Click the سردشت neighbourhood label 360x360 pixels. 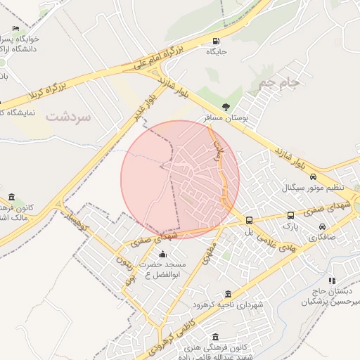click(x=69, y=116)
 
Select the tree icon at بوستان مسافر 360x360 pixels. click(x=226, y=107)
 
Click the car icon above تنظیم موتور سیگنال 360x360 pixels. click(x=313, y=177)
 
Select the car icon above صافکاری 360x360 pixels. click(x=322, y=227)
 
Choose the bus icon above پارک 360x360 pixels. click(x=290, y=216)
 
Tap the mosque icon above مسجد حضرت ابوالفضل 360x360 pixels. click(x=163, y=254)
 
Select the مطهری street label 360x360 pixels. click(x=209, y=251)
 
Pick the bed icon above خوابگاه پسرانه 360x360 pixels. click(x=15, y=29)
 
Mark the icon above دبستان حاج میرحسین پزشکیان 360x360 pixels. click(x=331, y=281)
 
